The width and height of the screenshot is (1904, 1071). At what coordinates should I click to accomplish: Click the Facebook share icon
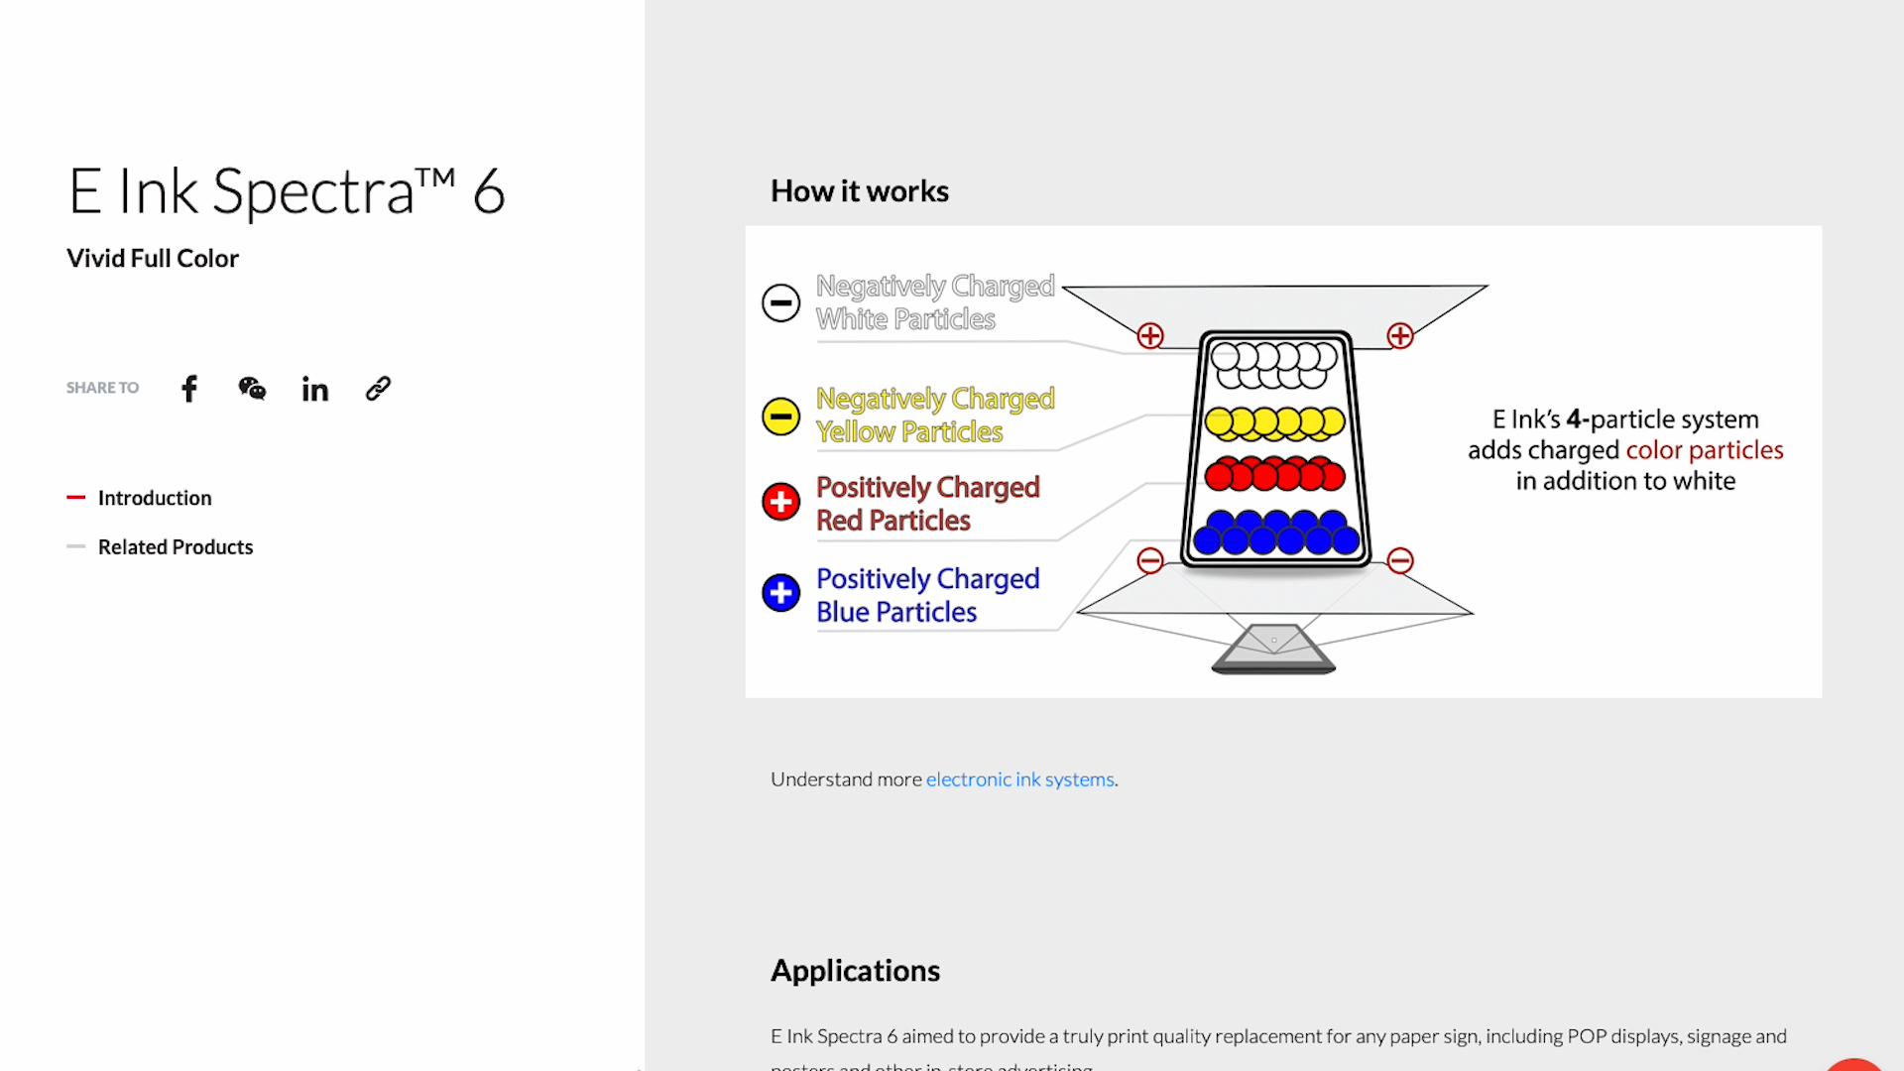(x=189, y=389)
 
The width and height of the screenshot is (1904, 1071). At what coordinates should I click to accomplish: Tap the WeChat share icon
(x=252, y=389)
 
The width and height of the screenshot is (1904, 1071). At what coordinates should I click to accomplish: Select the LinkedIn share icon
(x=315, y=390)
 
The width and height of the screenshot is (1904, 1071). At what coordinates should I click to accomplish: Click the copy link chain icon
(x=378, y=389)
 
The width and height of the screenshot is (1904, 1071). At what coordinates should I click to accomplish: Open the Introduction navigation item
(x=155, y=498)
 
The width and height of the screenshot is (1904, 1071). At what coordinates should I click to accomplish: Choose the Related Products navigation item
(x=176, y=547)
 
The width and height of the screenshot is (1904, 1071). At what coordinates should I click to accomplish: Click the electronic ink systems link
(x=1019, y=779)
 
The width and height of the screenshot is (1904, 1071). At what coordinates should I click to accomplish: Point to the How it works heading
(x=860, y=191)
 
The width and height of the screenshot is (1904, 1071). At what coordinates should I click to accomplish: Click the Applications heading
(x=855, y=971)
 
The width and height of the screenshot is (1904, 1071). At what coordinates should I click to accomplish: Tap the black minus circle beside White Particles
(x=781, y=302)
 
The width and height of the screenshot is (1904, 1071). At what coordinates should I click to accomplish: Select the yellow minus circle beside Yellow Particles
(x=781, y=416)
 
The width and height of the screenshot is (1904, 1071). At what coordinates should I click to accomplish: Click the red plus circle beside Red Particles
(x=781, y=502)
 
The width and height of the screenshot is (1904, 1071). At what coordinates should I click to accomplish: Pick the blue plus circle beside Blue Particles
(x=781, y=593)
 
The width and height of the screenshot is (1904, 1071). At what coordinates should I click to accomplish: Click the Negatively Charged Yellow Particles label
(x=934, y=416)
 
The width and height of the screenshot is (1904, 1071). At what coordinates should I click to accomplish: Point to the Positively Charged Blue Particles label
(x=927, y=595)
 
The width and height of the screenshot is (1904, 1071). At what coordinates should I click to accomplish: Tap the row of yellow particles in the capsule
(x=1275, y=423)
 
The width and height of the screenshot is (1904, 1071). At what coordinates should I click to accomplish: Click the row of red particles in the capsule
(x=1275, y=475)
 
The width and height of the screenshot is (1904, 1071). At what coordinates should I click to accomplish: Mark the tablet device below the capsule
(x=1274, y=650)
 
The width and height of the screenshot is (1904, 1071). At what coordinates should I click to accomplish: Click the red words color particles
(x=1705, y=450)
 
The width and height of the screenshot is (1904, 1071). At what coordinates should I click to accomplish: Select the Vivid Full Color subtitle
(x=153, y=259)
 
